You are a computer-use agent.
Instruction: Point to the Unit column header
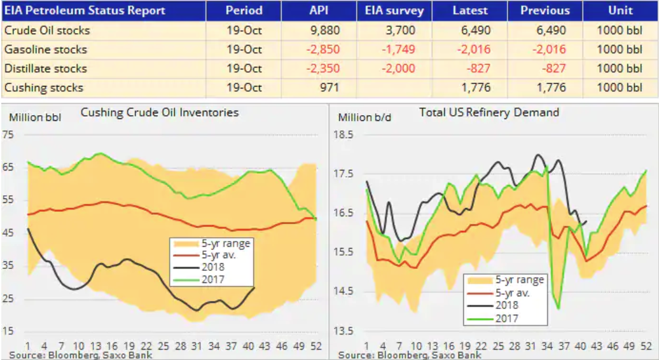pos(620,11)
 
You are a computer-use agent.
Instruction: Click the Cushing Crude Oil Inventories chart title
pos(160,113)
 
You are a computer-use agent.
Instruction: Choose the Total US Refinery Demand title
pos(489,113)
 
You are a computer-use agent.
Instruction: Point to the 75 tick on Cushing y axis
pos(8,134)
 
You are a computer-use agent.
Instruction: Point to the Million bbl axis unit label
pos(35,117)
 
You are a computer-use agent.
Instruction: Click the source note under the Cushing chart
pos(81,355)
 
